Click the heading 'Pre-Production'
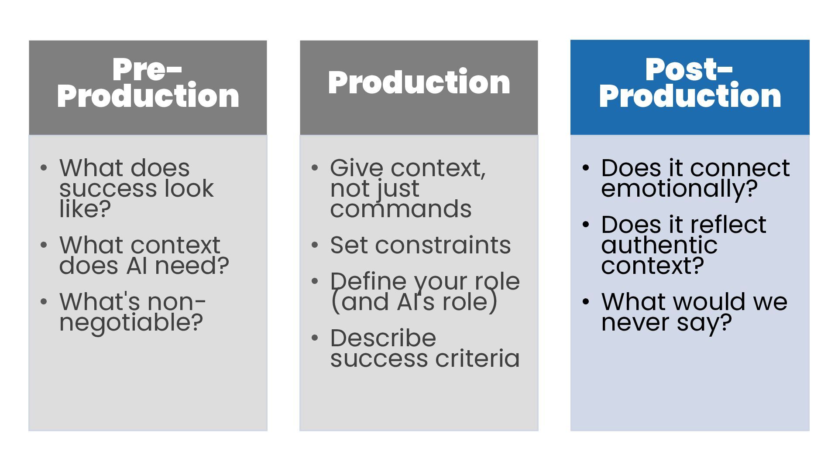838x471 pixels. [148, 83]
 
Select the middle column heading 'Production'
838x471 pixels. [419, 82]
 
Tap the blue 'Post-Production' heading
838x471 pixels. [690, 83]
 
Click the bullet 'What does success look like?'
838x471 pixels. [136, 188]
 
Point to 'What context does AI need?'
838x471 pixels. [144, 255]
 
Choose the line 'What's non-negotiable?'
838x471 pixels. [132, 312]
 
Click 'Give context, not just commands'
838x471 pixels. [407, 188]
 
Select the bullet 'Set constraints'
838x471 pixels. [420, 245]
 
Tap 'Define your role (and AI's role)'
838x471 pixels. [425, 291]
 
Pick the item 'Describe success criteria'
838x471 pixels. [425, 348]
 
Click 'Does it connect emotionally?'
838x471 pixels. [695, 178]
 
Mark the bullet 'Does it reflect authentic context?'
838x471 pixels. [683, 245]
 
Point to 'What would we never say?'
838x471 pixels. [694, 312]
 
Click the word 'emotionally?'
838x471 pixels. [679, 189]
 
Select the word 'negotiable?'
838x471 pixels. [131, 323]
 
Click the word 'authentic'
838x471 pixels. [659, 245]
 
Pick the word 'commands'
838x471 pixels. [401, 209]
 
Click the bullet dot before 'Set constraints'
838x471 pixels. [315, 245]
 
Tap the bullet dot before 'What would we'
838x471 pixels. [586, 302]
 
